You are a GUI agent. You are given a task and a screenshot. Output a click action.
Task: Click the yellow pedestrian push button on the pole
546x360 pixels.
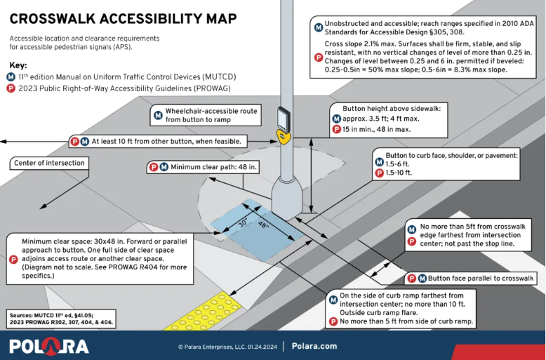284,137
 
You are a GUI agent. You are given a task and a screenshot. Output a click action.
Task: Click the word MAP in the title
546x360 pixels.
221,19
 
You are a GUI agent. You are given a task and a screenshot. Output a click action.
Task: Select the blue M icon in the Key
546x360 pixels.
11,77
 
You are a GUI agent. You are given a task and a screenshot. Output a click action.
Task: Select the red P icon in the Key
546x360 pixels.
11,88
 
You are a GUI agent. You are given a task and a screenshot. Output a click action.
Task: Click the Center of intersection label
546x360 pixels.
49,163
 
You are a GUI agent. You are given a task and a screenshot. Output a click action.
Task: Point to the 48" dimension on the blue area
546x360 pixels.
263,225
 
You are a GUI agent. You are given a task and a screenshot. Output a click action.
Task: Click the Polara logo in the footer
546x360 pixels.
48,347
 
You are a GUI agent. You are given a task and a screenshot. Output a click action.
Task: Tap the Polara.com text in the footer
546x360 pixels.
314,346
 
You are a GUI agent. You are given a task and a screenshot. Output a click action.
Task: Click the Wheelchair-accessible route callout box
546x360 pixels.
206,115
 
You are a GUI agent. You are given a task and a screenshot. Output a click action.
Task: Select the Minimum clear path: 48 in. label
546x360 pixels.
204,167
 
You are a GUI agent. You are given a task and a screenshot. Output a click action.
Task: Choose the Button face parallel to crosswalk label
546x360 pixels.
472,278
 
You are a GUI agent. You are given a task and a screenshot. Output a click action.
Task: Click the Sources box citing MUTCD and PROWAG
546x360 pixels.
61,319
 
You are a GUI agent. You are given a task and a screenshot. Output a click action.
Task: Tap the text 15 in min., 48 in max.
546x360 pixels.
376,130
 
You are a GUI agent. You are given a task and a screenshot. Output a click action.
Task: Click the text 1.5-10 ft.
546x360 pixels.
399,173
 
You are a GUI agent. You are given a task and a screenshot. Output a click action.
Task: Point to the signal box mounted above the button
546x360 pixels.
284,119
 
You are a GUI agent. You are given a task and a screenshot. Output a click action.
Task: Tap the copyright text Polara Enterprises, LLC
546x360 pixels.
227,347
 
